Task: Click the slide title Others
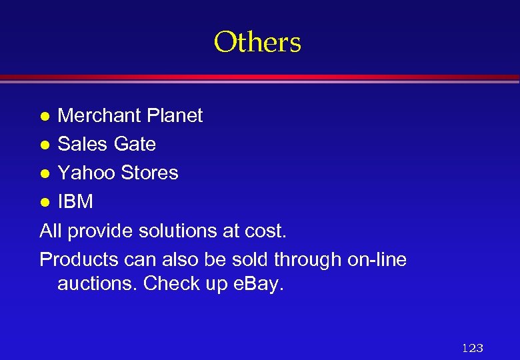click(x=257, y=42)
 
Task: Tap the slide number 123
click(x=472, y=348)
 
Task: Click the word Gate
click(x=135, y=144)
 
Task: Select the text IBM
click(x=75, y=201)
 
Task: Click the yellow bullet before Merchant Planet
click(x=45, y=116)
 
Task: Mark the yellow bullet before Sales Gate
click(x=45, y=145)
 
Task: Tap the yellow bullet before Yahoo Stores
click(x=45, y=173)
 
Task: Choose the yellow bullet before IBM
click(x=45, y=202)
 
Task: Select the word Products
click(x=79, y=259)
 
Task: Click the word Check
click(x=172, y=284)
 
